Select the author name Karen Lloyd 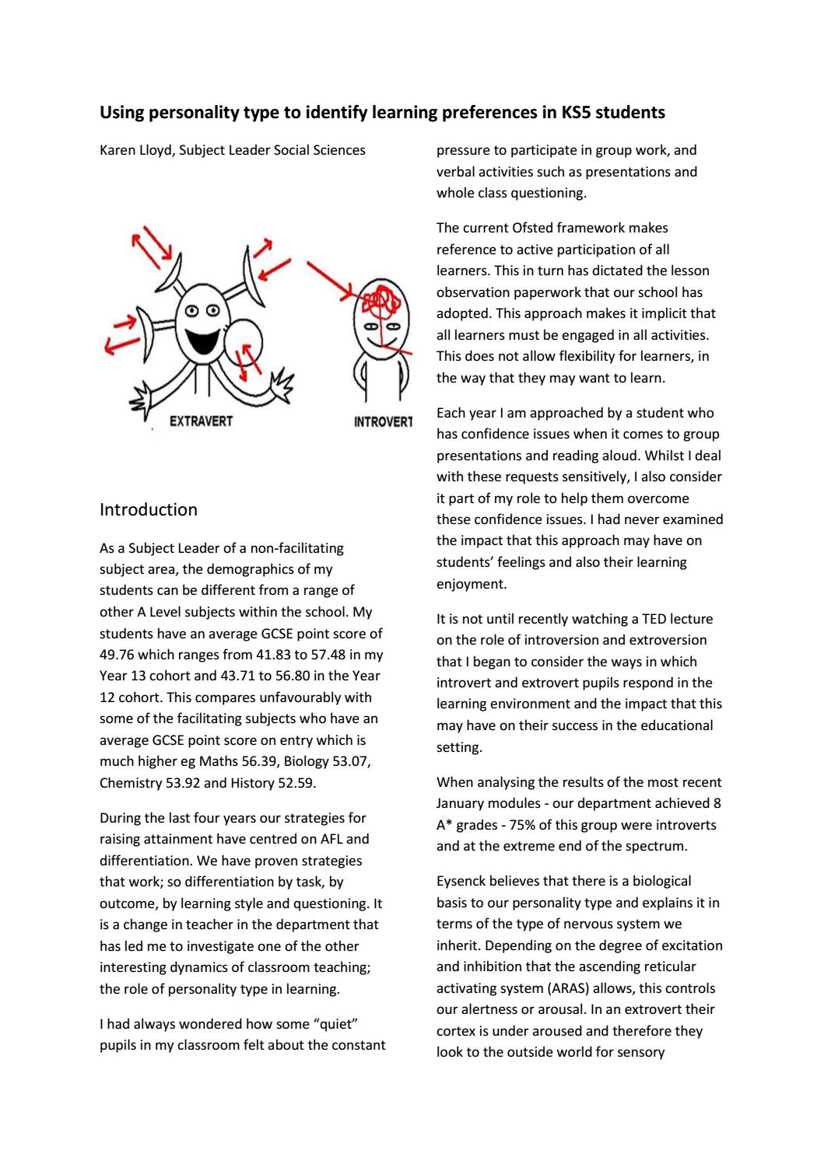[136, 150]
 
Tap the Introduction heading [149, 510]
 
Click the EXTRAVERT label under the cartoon [201, 421]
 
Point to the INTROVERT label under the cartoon [383, 423]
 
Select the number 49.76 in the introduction [118, 655]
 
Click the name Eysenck [461, 882]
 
